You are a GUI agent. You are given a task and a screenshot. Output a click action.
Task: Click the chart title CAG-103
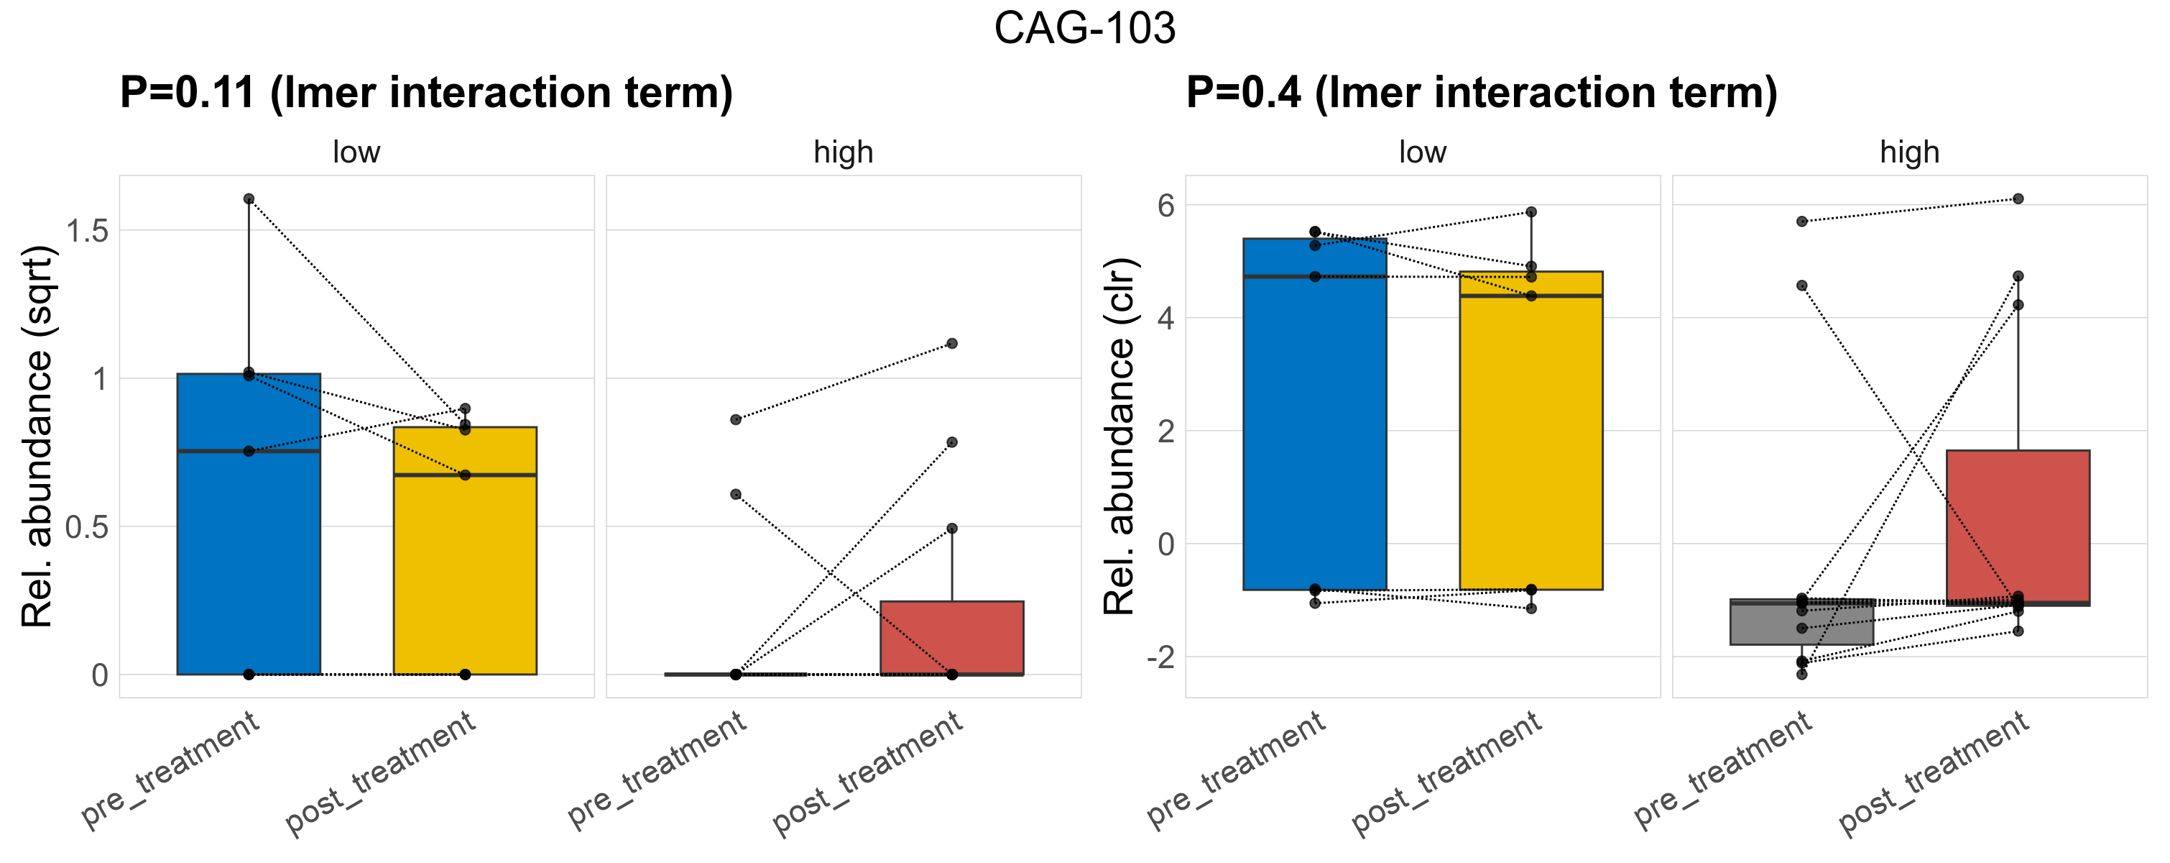pos(1084,29)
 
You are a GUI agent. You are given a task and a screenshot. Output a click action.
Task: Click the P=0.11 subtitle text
pos(425,93)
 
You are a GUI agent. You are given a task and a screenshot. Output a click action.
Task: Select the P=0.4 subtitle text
pos(1481,93)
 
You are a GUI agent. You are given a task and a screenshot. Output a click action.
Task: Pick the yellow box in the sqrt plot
pos(465,573)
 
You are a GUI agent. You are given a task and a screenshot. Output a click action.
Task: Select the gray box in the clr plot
pos(1802,623)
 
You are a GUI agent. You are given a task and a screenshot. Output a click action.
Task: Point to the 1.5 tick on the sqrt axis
pos(88,231)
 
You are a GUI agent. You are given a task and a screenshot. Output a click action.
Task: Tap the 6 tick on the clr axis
pos(1166,206)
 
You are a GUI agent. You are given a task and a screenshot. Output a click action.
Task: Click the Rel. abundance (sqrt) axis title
pos(37,437)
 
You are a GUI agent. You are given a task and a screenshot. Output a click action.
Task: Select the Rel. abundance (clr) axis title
pos(1119,437)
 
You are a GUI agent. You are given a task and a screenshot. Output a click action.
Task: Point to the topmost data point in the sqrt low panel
pos(249,199)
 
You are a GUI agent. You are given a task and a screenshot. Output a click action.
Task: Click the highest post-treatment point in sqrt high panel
pos(952,343)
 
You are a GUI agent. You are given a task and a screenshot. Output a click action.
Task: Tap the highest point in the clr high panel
pos(2018,199)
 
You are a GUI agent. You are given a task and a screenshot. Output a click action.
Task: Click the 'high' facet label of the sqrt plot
pos(844,152)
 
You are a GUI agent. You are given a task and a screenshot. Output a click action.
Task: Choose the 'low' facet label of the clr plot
pos(1422,152)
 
